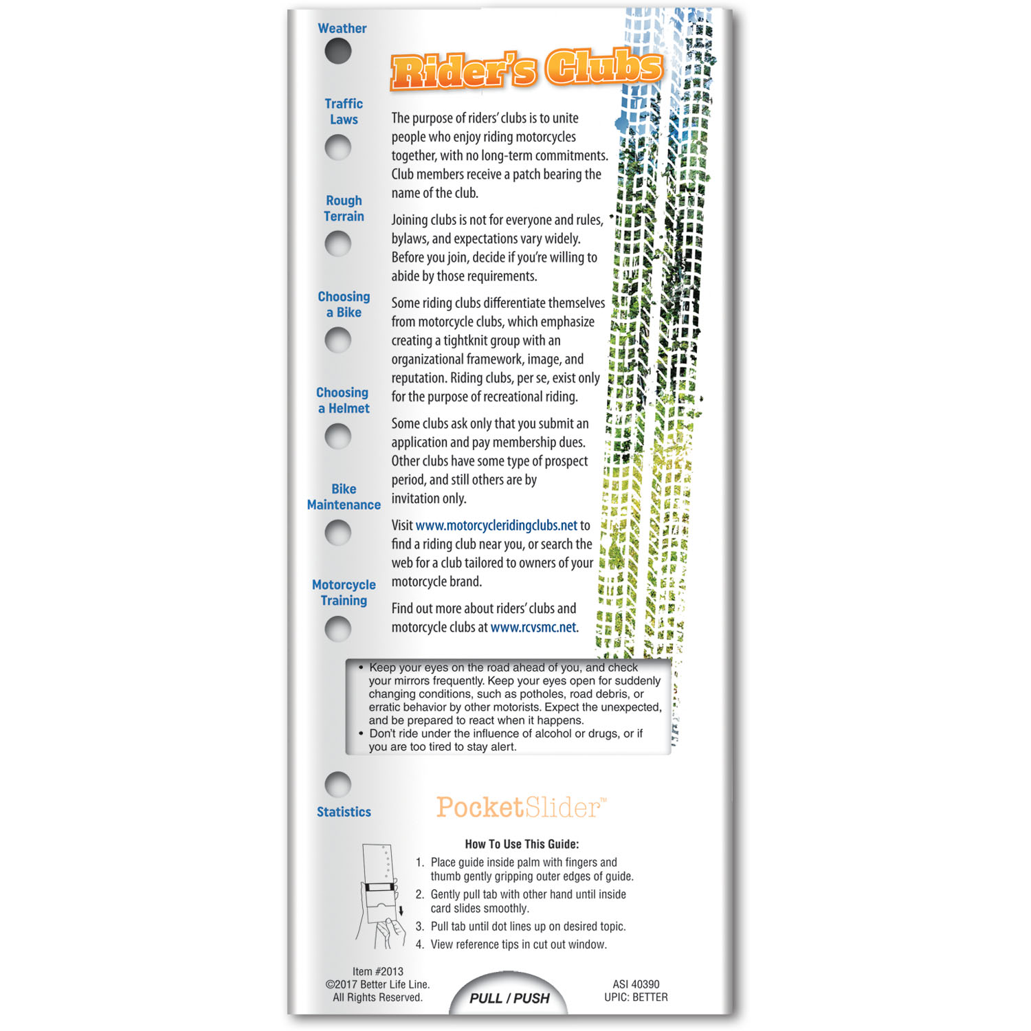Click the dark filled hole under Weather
[337, 52]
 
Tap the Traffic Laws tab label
[344, 111]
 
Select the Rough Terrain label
[344, 208]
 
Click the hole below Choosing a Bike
[337, 340]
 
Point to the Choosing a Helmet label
[343, 400]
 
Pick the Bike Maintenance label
[344, 496]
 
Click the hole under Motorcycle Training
[337, 629]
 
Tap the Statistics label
[344, 812]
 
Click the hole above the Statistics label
[337, 784]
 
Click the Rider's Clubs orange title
[526, 69]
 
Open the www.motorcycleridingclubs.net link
[496, 525]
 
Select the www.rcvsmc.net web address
[533, 627]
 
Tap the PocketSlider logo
[522, 807]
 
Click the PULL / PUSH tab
[509, 997]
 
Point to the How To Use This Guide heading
[522, 844]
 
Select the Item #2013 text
[377, 971]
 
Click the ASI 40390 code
[636, 984]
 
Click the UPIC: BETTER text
[636, 997]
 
